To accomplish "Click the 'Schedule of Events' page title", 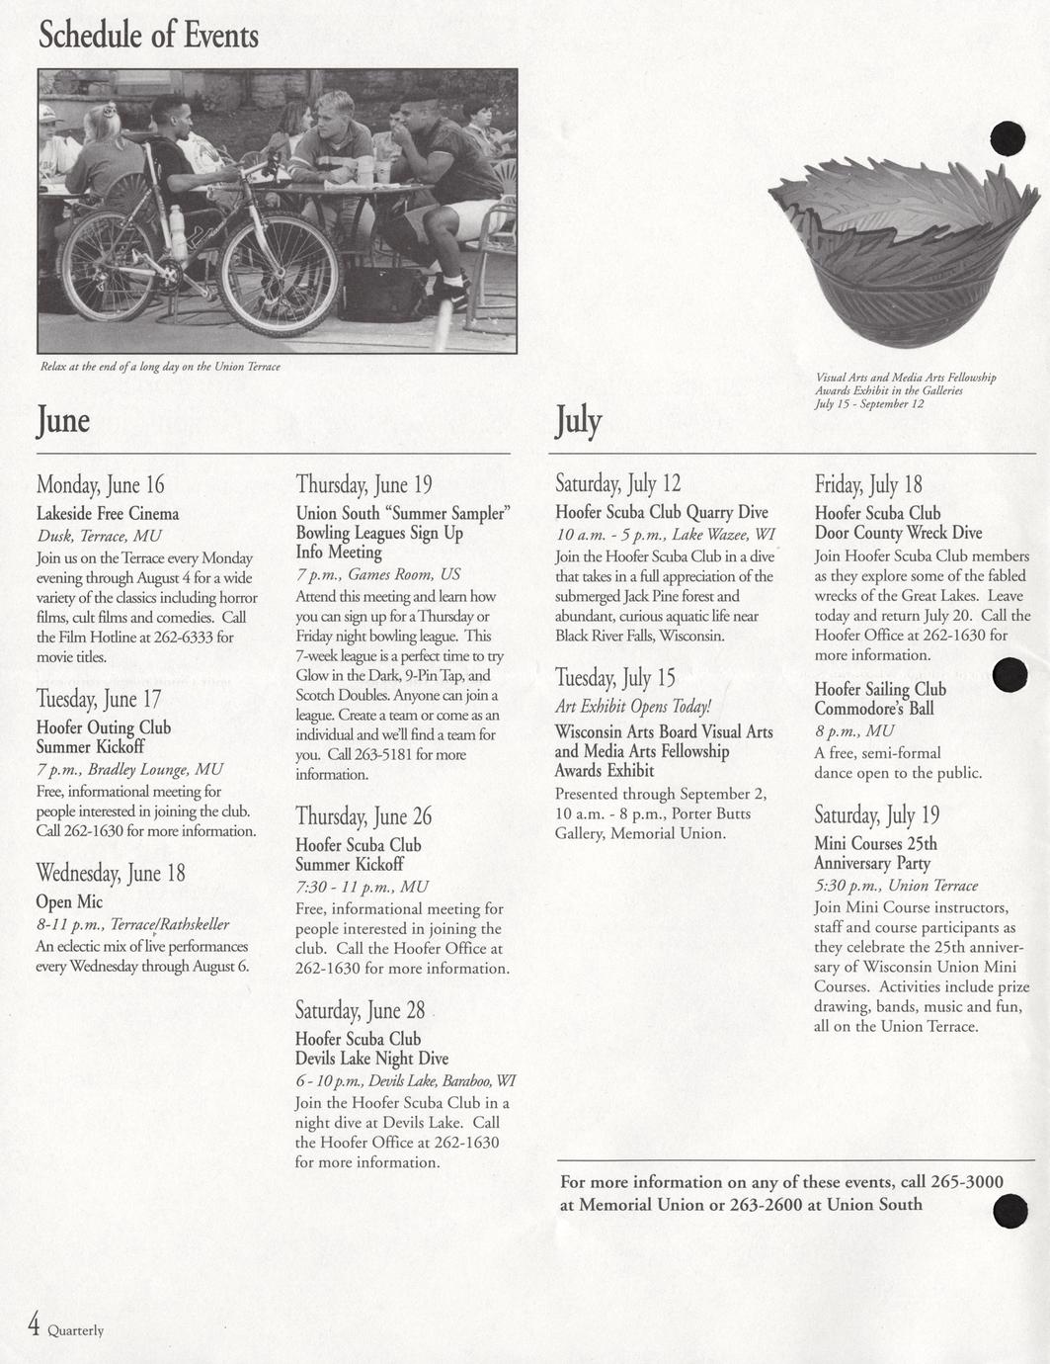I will click(x=148, y=36).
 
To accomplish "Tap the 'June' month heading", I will click(x=63, y=420).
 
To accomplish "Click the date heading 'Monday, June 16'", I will click(x=100, y=484).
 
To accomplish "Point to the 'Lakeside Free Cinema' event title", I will click(x=108, y=513).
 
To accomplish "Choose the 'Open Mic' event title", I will click(x=69, y=901).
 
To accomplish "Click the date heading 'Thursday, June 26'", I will click(x=363, y=816).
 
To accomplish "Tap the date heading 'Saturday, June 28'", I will click(x=360, y=1010).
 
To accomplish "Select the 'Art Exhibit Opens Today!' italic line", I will click(x=632, y=707).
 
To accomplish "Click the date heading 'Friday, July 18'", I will click(x=867, y=484).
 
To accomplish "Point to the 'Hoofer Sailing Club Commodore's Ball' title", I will click(x=879, y=699).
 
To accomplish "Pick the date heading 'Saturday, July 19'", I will click(x=876, y=815).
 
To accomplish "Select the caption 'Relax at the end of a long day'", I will click(x=160, y=367).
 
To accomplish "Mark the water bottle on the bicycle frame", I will click(x=178, y=231).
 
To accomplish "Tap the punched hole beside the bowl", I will click(x=1008, y=138).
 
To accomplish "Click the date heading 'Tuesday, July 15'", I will click(x=614, y=678).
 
